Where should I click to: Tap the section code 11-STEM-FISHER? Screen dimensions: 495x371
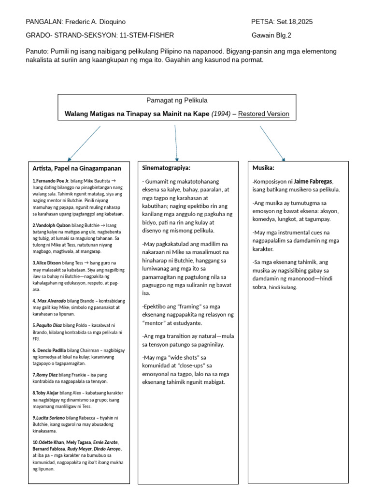[x=145, y=35]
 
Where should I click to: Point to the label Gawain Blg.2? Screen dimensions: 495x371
[x=271, y=35]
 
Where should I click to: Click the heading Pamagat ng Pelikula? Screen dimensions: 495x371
[x=177, y=100]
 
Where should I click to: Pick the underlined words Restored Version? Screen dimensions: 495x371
[x=264, y=114]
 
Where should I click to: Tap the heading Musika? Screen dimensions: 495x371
[x=263, y=168]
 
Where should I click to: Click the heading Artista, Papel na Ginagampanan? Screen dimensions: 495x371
[x=77, y=168]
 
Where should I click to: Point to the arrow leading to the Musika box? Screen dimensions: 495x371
[x=272, y=143]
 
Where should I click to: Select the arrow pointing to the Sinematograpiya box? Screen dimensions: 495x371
[x=176, y=143]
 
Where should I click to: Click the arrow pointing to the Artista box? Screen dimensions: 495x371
[x=85, y=143]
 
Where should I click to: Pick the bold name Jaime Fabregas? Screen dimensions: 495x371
[x=314, y=181]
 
